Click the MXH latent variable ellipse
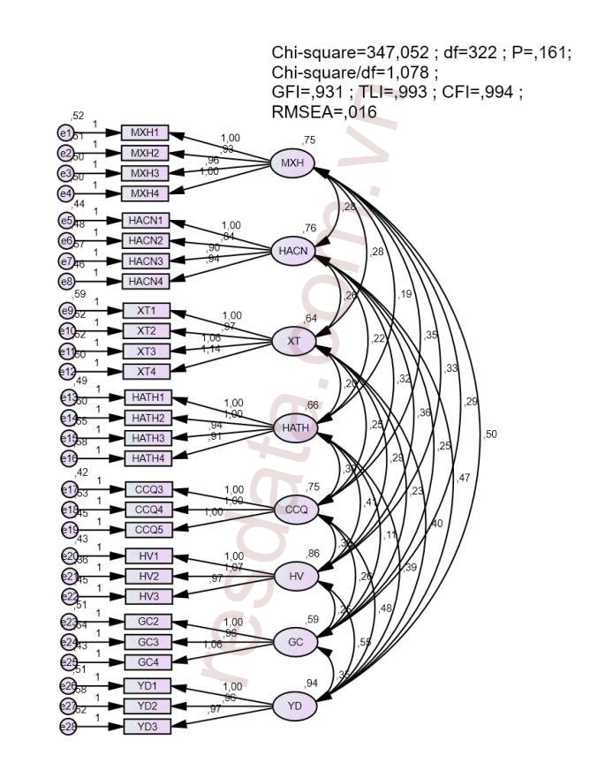point(292,163)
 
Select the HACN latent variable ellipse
point(292,251)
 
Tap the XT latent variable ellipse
point(293,340)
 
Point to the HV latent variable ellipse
point(295,577)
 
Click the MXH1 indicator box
point(144,132)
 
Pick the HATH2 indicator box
point(148,418)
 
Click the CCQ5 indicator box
point(148,529)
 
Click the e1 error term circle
point(64,132)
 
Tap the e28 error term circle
point(64,726)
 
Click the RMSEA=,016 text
point(325,111)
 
